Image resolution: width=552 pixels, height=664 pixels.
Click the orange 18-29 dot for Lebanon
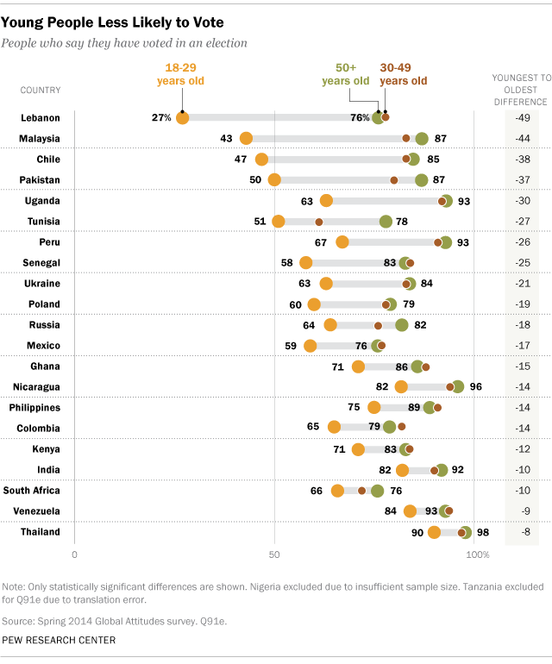pos(182,118)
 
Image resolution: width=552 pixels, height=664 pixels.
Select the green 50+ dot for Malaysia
pos(422,139)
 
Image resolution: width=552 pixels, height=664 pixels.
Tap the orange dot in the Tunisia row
pos(279,222)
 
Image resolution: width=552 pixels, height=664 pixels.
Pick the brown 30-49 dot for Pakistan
pos(394,180)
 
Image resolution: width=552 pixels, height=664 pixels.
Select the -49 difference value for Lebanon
pos(522,118)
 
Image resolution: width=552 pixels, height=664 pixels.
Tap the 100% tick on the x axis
pos(477,554)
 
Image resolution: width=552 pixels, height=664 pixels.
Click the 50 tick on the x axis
pos(274,554)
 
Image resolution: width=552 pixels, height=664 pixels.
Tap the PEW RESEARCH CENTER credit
pos(60,640)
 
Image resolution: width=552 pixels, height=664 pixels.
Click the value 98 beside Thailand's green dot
pos(483,532)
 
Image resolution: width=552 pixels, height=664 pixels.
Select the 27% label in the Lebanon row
pos(161,118)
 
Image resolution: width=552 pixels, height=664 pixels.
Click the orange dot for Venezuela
pos(410,511)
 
